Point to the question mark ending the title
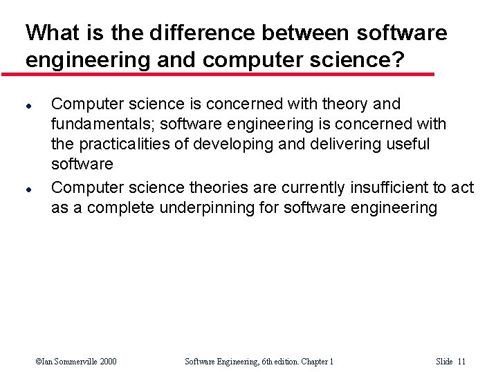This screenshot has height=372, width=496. click(x=398, y=59)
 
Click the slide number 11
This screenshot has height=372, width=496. click(x=461, y=361)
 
